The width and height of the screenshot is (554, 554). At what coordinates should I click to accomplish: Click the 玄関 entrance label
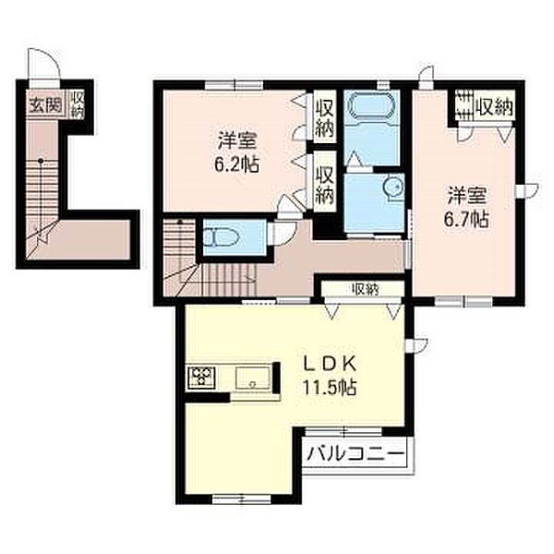(45, 104)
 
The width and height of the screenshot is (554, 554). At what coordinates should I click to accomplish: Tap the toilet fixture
(222, 236)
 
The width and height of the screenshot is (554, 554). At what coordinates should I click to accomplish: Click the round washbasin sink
(393, 187)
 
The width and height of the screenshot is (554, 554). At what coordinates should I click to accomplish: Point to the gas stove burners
(202, 378)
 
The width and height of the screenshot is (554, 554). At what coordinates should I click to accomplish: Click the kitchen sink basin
(253, 378)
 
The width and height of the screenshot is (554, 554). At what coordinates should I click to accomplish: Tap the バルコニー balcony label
(355, 453)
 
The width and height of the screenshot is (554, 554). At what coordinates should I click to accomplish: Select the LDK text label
(330, 364)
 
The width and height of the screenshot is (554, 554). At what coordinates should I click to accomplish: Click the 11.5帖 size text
(330, 387)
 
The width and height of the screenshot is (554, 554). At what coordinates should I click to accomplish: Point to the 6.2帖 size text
(236, 164)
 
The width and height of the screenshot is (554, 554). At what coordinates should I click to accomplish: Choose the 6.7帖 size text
(466, 219)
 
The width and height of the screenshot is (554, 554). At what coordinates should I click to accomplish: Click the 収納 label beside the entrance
(78, 104)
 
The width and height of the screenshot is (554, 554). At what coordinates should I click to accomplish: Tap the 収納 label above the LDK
(366, 290)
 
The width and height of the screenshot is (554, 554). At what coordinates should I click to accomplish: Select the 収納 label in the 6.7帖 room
(495, 106)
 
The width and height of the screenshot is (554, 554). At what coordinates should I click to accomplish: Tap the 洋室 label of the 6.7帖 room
(467, 195)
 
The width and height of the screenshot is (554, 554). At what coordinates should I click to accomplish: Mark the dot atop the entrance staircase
(41, 161)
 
